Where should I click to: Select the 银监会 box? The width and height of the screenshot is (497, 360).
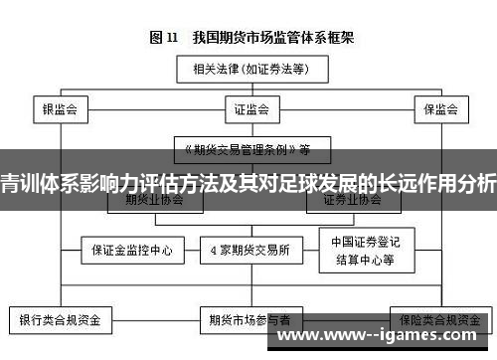coord(61,108)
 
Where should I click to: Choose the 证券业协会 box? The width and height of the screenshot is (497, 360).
coord(351,198)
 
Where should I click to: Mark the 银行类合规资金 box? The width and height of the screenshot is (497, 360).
coord(61,321)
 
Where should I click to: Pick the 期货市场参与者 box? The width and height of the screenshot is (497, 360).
coord(249,321)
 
